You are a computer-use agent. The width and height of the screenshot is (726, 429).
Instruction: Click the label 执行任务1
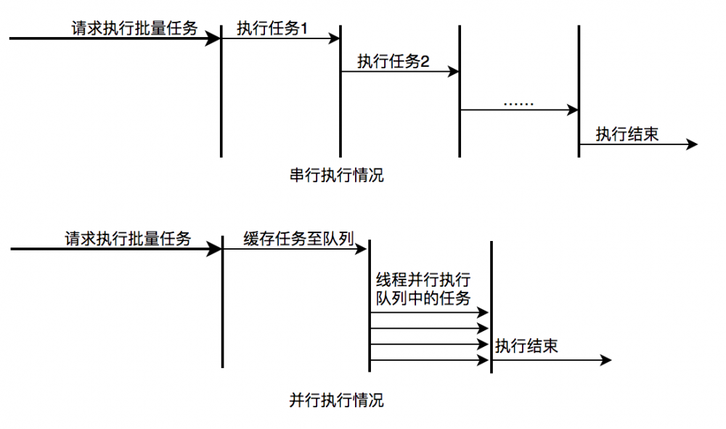click(272, 28)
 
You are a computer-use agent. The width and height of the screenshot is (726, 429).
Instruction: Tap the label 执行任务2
click(393, 62)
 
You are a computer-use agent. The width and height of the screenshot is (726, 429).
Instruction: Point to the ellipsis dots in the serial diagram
click(518, 102)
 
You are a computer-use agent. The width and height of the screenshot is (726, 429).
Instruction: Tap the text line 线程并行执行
click(423, 280)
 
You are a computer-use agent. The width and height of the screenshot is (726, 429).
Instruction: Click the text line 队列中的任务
click(423, 298)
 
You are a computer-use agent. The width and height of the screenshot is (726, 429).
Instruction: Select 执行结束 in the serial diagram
click(627, 134)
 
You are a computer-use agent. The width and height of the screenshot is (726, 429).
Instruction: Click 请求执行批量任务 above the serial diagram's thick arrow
click(134, 28)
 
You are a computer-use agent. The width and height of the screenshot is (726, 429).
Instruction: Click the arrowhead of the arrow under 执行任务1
click(335, 38)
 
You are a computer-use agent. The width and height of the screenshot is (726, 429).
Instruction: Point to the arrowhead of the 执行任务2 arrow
click(454, 71)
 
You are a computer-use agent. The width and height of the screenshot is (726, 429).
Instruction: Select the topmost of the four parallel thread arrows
click(428, 312)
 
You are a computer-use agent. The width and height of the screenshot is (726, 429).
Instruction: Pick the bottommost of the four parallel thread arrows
click(428, 360)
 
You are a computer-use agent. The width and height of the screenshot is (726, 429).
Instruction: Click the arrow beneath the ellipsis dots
click(518, 110)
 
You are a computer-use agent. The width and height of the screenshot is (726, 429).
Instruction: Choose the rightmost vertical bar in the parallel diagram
click(492, 306)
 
